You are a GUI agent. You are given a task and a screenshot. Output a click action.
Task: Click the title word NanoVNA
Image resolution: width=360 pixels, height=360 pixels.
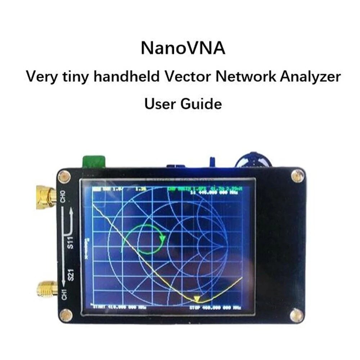[183, 48]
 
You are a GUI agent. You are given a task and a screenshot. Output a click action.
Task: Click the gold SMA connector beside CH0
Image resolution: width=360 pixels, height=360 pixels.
[45, 197]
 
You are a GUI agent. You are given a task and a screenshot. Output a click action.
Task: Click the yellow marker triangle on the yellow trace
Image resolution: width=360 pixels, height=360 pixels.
[197, 299]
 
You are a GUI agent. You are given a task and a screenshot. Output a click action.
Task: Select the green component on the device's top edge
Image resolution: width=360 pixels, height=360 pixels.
[94, 162]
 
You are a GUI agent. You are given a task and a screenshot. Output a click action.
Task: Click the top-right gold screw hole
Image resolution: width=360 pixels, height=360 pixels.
[297, 176]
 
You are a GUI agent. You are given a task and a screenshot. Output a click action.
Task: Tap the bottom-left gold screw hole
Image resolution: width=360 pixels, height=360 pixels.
[66, 315]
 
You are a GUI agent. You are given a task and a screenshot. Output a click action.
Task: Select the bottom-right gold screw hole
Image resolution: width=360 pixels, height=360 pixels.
[296, 315]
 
